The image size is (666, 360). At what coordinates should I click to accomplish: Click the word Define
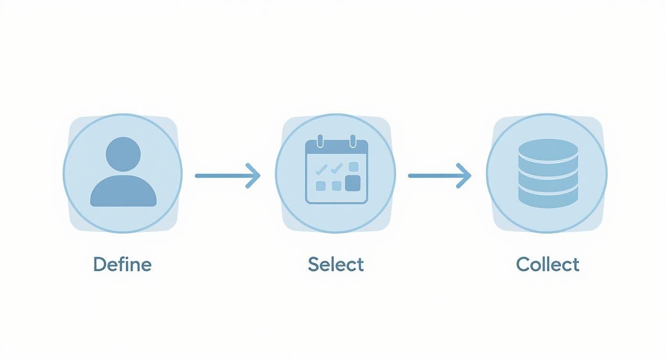point(122,264)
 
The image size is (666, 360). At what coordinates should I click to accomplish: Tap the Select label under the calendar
point(336,264)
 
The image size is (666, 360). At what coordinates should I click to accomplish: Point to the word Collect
point(548,264)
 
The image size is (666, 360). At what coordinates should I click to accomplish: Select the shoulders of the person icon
point(123,192)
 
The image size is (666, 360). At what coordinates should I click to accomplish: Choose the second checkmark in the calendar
point(337,168)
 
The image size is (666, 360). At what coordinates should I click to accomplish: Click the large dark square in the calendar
point(353,183)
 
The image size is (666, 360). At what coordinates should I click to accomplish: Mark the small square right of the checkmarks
point(354,167)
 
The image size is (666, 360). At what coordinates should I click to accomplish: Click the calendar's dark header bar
point(336,147)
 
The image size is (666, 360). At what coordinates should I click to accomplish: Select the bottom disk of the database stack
point(548,199)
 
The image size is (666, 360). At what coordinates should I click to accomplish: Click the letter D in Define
point(99,264)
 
